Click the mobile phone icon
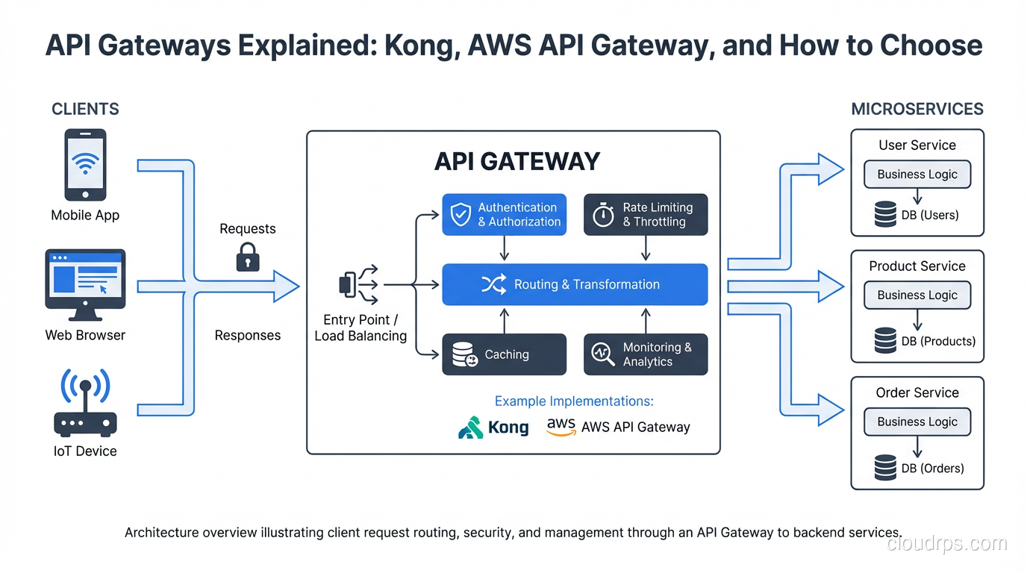[85, 165]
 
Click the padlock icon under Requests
[247, 258]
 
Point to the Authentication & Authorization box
[504, 215]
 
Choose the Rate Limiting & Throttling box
[645, 215]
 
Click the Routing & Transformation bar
[575, 284]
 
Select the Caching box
[504, 354]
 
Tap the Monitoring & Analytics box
[645, 354]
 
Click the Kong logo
[493, 428]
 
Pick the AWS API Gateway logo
[561, 427]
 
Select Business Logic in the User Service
[917, 175]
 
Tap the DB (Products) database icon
[885, 341]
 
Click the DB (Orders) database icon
[885, 468]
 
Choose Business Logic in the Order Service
[917, 422]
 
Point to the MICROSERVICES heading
[917, 109]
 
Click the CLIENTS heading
[85, 109]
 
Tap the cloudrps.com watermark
[946, 543]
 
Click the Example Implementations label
[574, 401]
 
